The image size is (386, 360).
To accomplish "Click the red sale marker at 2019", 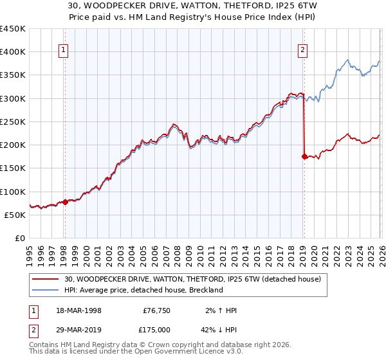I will pos(304,156).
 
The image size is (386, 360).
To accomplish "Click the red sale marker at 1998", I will pos(65,202).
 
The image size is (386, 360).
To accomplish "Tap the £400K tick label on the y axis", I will pos(13,52).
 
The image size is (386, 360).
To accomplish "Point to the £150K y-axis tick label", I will pos(13,168).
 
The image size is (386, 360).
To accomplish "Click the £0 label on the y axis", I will pos(20,238).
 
